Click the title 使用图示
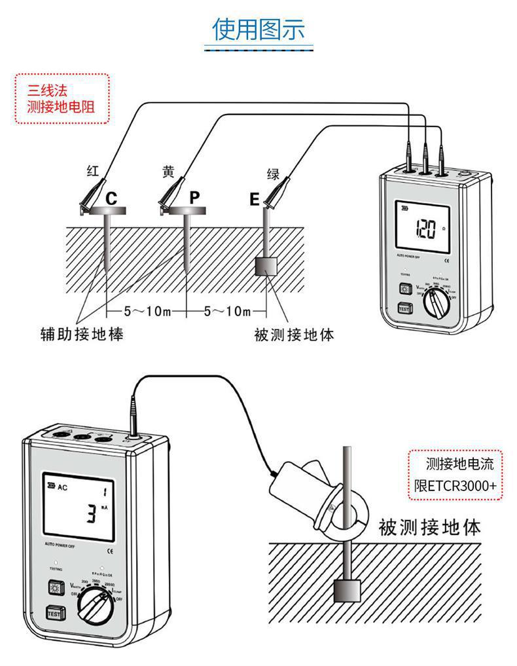(259, 30)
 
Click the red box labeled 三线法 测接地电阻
(62, 98)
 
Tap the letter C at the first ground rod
(112, 198)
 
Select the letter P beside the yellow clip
(195, 197)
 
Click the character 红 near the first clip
(93, 172)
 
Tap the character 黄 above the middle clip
(169, 172)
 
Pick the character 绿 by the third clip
(274, 174)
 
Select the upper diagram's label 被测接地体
(294, 335)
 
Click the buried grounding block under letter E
(266, 267)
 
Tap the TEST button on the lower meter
(55, 614)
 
